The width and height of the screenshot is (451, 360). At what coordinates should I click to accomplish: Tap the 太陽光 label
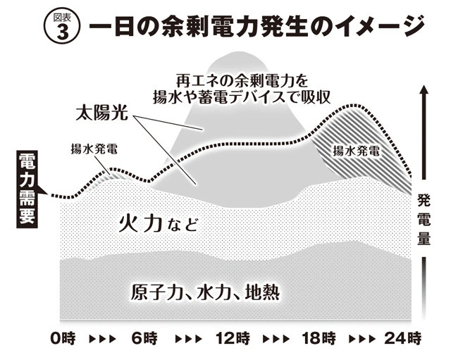(101, 112)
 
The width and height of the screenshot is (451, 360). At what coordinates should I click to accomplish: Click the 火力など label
(152, 225)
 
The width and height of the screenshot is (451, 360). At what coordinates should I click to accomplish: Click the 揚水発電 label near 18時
(356, 150)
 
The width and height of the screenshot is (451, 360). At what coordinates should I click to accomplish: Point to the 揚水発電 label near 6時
(94, 149)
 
